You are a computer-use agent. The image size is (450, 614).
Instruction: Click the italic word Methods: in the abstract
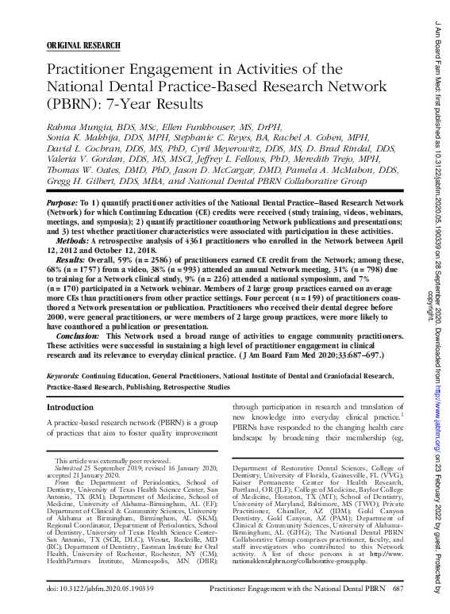[x=72, y=239]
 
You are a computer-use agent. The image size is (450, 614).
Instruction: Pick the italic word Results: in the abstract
[x=71, y=259]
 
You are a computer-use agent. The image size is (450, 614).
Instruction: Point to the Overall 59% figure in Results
[x=123, y=259]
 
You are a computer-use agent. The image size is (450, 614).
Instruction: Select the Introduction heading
[x=71, y=407]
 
